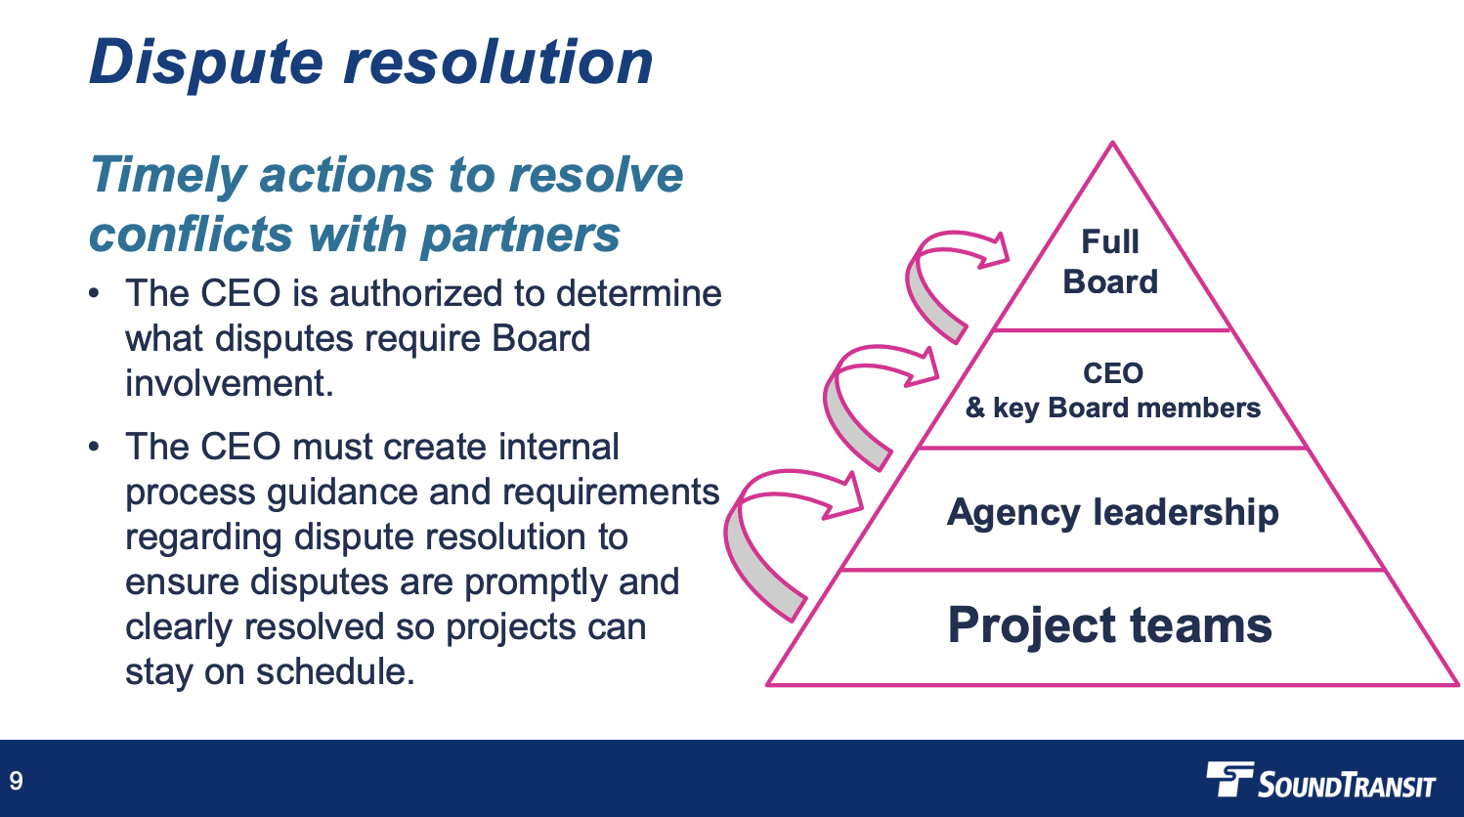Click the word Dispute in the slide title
click(206, 63)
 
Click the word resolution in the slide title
click(498, 62)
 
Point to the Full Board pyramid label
click(1110, 262)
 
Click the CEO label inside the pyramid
click(1113, 373)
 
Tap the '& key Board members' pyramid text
click(1113, 408)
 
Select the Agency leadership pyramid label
click(1112, 512)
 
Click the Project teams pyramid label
click(1110, 625)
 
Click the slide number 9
click(17, 781)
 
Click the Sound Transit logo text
click(1347, 785)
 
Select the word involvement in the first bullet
click(230, 383)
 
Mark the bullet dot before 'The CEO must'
click(94, 447)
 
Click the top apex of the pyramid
click(1112, 142)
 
